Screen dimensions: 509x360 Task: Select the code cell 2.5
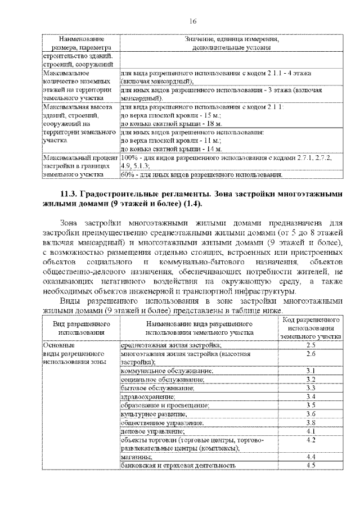(310, 345)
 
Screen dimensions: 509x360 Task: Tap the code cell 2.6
(310, 354)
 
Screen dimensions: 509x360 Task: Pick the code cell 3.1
(310, 371)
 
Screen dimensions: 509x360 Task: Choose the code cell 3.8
(310, 422)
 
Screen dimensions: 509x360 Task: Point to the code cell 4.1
(310, 431)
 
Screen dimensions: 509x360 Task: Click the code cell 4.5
(310, 465)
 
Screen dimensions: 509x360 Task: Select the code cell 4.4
(310, 457)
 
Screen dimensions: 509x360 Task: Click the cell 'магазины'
(134, 457)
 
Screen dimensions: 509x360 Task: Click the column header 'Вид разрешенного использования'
(81, 328)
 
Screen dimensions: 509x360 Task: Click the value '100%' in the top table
(129, 158)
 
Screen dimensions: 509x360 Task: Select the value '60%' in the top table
(127, 175)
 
